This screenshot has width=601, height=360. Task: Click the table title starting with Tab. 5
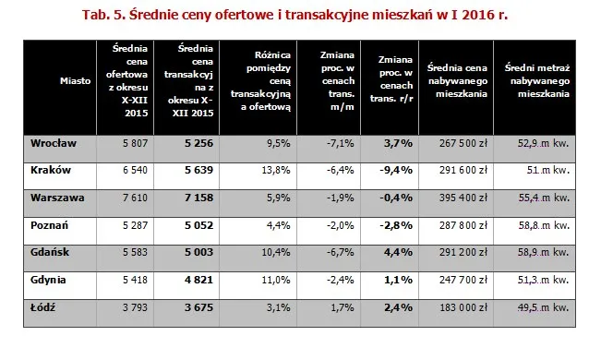click(301, 16)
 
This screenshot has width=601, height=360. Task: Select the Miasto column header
click(75, 81)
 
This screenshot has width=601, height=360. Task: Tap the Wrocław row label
click(53, 143)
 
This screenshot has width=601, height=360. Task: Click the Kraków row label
click(48, 170)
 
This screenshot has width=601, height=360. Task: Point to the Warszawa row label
click(55, 197)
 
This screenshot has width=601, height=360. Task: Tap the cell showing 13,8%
click(278, 171)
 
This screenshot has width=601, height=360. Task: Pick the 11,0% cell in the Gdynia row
click(278, 278)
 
